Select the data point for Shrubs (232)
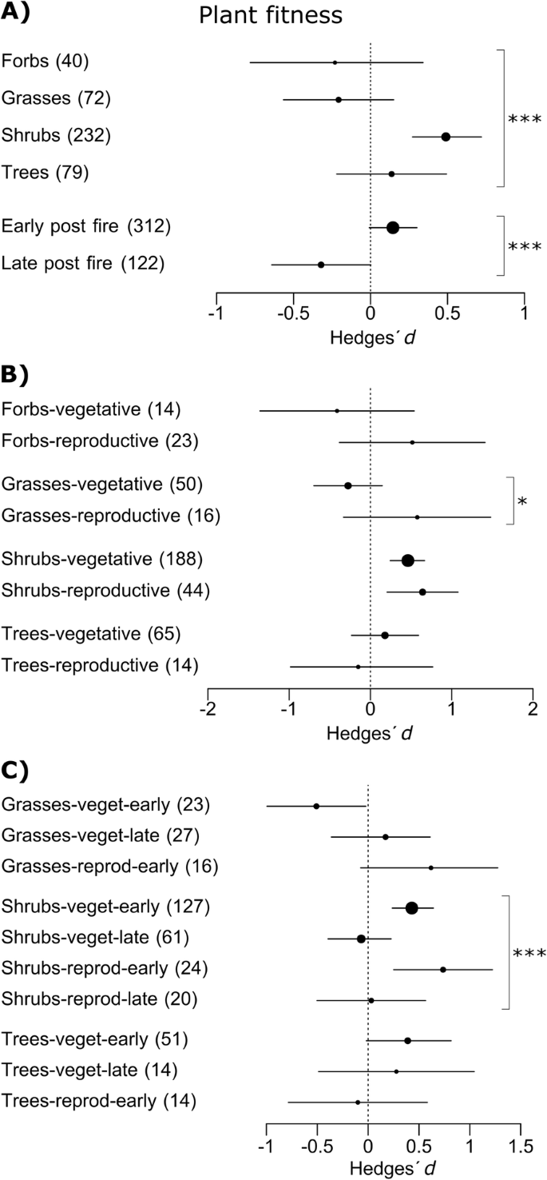pyautogui.click(x=446, y=137)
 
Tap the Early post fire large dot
pyautogui.click(x=392, y=228)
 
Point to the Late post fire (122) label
pyautogui.click(x=83, y=263)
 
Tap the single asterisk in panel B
pyautogui.click(x=522, y=502)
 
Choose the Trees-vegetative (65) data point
pyautogui.click(x=385, y=636)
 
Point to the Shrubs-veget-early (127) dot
pyautogui.click(x=411, y=907)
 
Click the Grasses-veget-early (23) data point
pyautogui.click(x=316, y=806)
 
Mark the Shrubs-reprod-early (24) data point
pyautogui.click(x=442, y=970)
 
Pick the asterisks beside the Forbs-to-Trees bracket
pyautogui.click(x=525, y=120)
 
